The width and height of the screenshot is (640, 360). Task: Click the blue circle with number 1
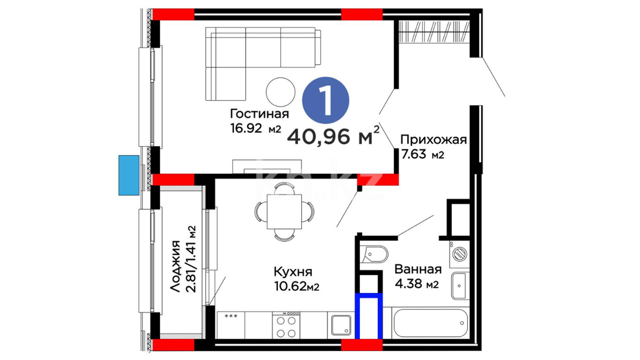[x=325, y=100]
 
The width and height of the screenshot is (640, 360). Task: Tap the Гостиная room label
[x=259, y=114]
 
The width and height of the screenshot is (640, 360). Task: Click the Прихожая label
[x=433, y=140]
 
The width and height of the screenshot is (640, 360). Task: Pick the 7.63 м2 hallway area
[x=423, y=154]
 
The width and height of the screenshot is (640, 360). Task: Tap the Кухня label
[x=293, y=272]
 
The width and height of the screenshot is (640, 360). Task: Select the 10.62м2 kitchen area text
[x=297, y=286]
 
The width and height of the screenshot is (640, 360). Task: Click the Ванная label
[x=418, y=269]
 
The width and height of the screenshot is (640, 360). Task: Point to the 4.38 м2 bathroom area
[x=417, y=284]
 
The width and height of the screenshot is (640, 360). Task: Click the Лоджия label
[x=175, y=266]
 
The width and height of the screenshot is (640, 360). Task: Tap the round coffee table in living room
[x=281, y=92]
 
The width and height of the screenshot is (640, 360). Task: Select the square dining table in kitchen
[x=284, y=212]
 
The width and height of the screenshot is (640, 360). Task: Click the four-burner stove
[x=286, y=325]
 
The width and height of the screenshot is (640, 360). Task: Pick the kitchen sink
[x=341, y=325]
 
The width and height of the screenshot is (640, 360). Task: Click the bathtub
[x=430, y=323]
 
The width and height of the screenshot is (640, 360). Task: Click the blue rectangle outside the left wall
[x=129, y=175]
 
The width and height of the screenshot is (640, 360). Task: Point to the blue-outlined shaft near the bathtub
[x=368, y=316]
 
